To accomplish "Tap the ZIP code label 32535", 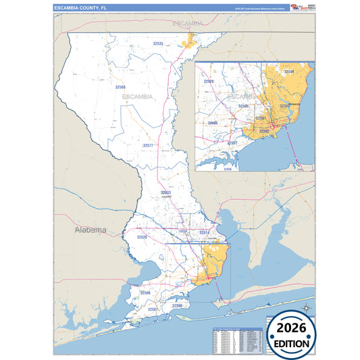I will (x=159, y=43).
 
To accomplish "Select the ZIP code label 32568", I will (x=120, y=87).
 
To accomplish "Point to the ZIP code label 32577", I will (x=148, y=145).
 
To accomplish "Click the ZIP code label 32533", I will (x=165, y=193).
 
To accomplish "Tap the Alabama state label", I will (x=90, y=230).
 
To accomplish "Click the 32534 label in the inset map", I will (x=288, y=71).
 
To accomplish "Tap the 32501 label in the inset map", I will (x=259, y=119).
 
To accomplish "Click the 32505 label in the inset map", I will (x=243, y=106).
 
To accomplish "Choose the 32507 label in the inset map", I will (x=232, y=143).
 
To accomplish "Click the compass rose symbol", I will (x=306, y=309).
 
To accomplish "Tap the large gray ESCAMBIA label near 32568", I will (x=138, y=97).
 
